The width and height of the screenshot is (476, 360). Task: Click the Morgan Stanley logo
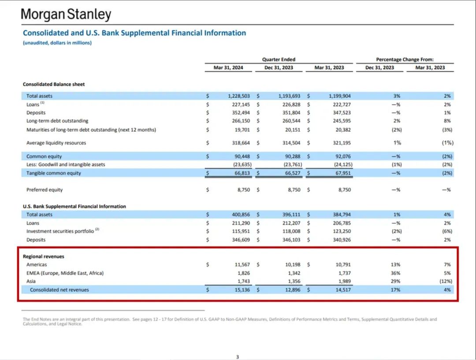coord(66,14)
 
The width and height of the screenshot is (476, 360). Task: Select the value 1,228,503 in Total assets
coord(239,96)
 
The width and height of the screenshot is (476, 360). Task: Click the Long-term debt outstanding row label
coord(57,121)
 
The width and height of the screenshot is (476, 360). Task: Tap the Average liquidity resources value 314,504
coord(291,143)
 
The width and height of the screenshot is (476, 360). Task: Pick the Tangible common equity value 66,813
coord(242,173)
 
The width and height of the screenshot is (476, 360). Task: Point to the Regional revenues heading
coord(43,256)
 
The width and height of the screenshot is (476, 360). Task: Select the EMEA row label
coord(65,273)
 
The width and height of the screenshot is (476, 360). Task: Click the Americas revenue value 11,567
coord(242,265)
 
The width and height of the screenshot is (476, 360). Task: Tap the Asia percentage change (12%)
coord(446,282)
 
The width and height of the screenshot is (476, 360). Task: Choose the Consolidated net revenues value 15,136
coord(242,290)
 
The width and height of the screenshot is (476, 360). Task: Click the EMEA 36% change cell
coord(395,273)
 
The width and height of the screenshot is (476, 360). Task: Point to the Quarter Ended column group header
coord(279,59)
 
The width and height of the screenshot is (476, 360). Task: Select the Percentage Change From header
coord(405,59)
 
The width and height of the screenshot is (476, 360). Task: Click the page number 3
coord(238,357)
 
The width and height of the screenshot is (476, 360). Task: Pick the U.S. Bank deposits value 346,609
coord(241,240)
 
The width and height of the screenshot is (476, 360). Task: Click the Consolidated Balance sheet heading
coord(54,85)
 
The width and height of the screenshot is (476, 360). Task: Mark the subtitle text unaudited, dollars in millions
coord(57,43)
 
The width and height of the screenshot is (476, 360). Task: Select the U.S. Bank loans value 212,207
coord(291,223)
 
